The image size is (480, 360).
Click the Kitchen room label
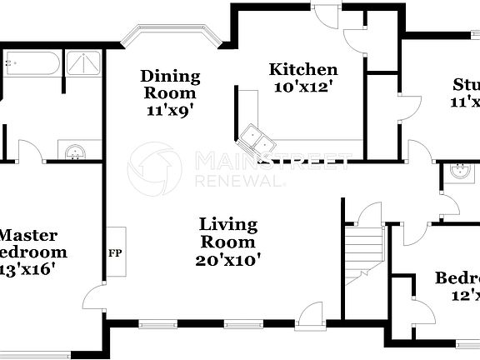(302, 69)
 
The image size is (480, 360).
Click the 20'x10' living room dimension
(227, 259)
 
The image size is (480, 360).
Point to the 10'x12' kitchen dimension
(302, 85)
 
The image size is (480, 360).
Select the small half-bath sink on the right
(458, 171)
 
